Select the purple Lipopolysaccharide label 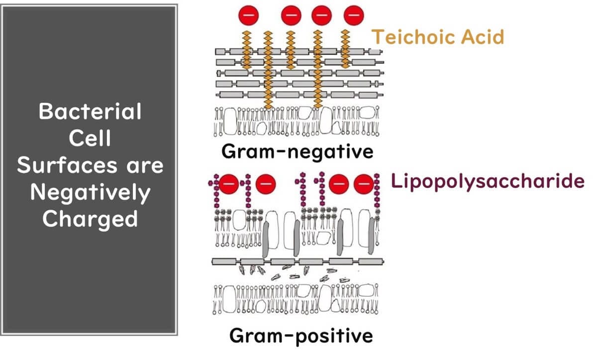488,181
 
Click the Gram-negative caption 297,152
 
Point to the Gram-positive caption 301,336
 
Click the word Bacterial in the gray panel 90,111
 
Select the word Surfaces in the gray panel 67,165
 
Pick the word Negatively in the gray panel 91,192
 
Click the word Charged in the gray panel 91,219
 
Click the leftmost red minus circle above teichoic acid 248,15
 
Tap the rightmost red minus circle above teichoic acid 354,15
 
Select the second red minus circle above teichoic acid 291,15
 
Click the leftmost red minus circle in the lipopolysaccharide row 228,184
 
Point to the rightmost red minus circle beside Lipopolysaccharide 364,184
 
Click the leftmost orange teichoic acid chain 247,50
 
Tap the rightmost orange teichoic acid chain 345,49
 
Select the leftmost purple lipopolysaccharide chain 215,191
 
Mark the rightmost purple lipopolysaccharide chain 377,190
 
